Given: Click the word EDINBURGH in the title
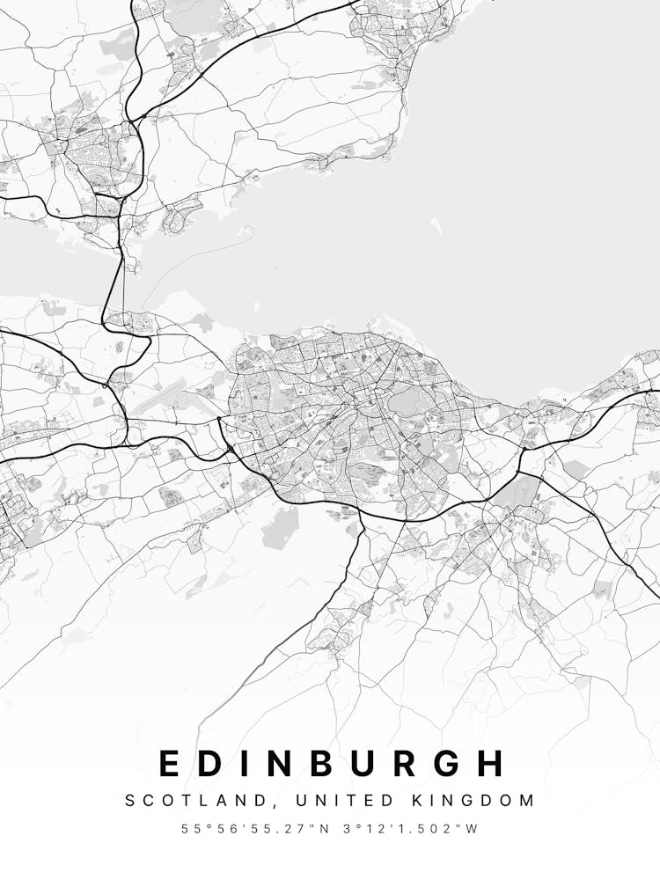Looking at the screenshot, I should (333, 763).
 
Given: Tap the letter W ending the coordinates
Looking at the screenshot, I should (473, 829).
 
